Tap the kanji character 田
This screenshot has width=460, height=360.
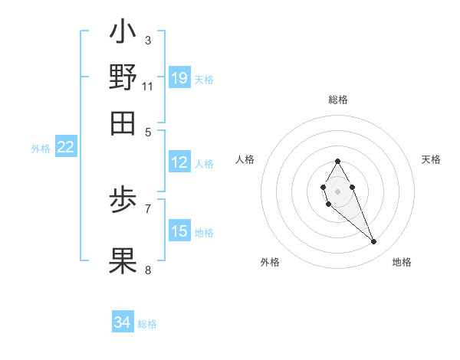[x=123, y=123]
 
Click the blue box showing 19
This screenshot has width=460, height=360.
[x=179, y=77]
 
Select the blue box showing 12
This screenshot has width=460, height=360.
[x=179, y=162]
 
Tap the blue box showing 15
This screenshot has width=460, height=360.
[x=179, y=231]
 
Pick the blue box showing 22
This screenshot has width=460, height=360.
[x=65, y=147]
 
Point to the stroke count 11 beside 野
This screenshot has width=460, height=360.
[x=148, y=86]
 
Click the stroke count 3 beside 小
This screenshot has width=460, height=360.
[x=148, y=40]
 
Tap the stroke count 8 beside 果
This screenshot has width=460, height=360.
[x=148, y=270]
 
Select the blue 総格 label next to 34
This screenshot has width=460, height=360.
[x=147, y=324]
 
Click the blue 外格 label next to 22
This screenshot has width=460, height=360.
[x=41, y=149]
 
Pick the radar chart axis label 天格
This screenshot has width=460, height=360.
[x=431, y=159]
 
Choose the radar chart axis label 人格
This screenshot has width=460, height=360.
[x=245, y=159]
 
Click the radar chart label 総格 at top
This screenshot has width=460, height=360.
[x=338, y=100]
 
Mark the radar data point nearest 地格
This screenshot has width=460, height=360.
[x=374, y=242]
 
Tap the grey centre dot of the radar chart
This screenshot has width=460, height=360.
[x=338, y=191]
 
